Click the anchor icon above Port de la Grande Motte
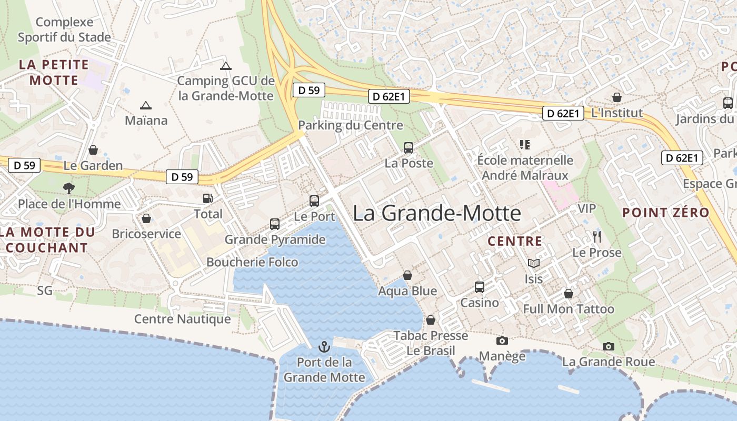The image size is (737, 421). pos(324,347)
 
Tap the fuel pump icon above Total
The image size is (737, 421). pos(208,198)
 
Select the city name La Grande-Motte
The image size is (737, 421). pos(437,213)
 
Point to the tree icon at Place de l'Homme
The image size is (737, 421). pos(68,188)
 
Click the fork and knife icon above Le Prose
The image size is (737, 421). pos(596,237)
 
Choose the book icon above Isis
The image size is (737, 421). pos(533,263)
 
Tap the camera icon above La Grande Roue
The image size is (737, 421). pos(609,346)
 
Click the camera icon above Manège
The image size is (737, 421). pos(502,340)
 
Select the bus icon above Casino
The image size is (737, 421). pos(479,287)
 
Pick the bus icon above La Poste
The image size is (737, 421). pos(409,148)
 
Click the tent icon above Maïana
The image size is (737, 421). pos(146,105)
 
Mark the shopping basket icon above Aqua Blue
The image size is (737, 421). pos(407,275)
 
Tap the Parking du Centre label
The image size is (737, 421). pos(351,125)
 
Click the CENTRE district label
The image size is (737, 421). pos(515,242)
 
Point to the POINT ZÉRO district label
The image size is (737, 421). pos(666,213)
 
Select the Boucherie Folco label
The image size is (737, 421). pos(252,262)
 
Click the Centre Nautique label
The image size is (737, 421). pos(182,319)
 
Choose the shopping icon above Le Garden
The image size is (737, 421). pos(93,150)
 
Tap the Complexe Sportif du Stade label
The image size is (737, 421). pos(64,29)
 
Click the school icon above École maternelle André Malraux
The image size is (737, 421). pos(524,144)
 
